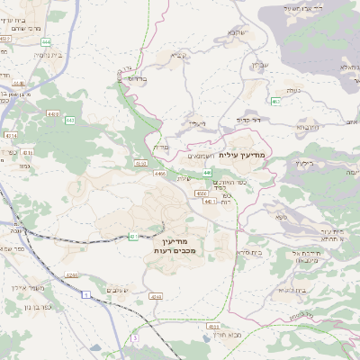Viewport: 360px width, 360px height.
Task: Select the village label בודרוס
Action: [x=137, y=78]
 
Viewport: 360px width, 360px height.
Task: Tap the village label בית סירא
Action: [x=248, y=253]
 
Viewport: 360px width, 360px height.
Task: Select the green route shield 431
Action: [x=132, y=237]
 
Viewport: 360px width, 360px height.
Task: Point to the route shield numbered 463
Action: [x=274, y=102]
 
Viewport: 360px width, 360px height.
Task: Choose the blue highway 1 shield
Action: [x=86, y=294]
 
